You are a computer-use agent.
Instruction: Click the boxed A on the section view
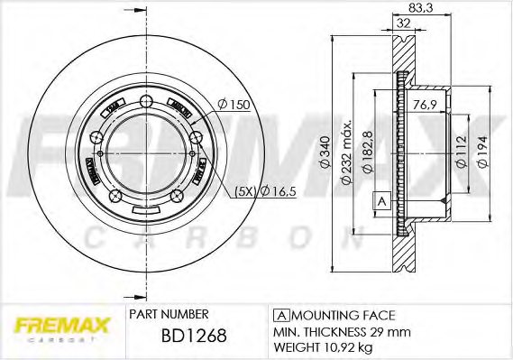tap(380, 200)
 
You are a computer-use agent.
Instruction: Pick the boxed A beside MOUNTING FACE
tap(280, 315)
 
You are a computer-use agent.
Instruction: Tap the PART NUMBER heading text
tap(169, 314)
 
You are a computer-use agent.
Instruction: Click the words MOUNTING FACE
tap(344, 315)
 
